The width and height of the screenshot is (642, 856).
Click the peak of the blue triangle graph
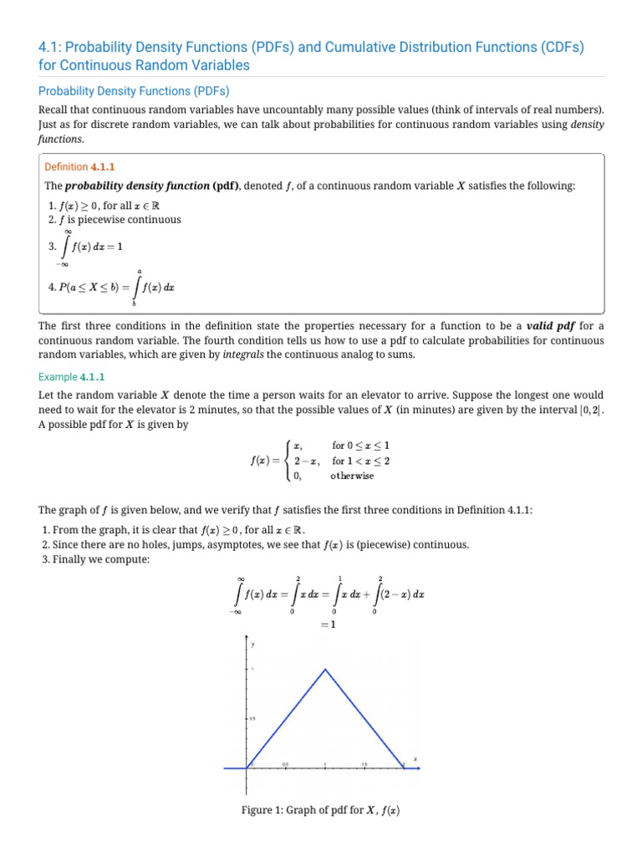(326, 669)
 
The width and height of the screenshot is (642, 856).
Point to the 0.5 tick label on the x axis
(285, 763)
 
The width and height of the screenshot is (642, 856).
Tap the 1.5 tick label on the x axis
(365, 763)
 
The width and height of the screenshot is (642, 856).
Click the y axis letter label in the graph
(252, 644)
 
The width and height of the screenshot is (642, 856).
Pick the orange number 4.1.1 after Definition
(96, 166)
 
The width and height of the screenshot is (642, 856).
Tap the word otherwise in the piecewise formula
(353, 476)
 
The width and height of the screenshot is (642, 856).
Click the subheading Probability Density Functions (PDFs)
(134, 90)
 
